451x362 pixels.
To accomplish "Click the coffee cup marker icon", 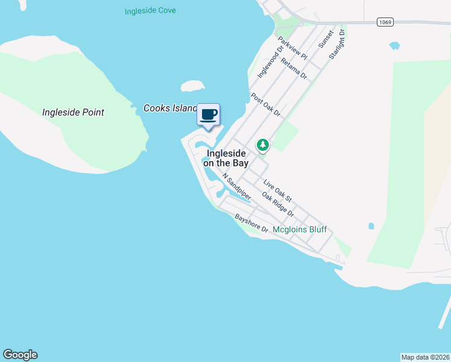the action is pos(209,115).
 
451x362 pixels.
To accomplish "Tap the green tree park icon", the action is pos(262,145).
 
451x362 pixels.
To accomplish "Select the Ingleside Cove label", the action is pos(150,11).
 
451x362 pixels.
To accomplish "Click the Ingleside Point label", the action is pos(73,112).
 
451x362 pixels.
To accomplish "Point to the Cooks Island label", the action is pos(170,109).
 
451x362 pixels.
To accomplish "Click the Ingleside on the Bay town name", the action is pos(226,158).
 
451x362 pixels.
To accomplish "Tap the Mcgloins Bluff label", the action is pos(300,229).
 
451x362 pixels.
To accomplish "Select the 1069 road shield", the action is pos(385,22).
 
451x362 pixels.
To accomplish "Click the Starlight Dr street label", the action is pos(336,43).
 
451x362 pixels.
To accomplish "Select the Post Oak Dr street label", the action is pos(266,104).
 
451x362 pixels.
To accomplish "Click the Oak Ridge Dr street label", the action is pos(278,204).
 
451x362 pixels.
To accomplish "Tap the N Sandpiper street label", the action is pos(236,186).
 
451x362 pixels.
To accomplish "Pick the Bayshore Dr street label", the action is pos(251,223).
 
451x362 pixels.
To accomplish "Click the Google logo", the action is pos(20,355).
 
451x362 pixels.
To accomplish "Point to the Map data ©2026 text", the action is pos(425,357).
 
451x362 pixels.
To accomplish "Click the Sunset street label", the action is pos(326,40).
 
